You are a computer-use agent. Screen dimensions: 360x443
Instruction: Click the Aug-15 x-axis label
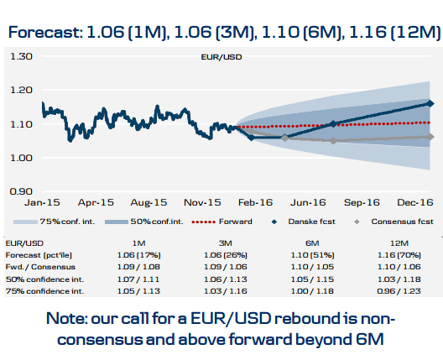pyautogui.click(x=149, y=203)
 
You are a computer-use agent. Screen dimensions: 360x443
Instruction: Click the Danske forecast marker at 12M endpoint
pyautogui.click(x=430, y=103)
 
